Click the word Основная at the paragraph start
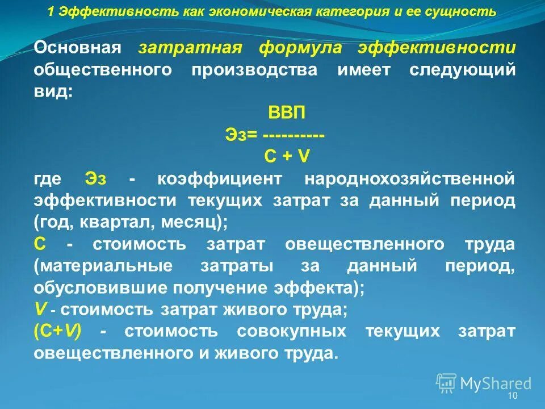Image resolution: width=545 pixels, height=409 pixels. [x=78, y=48]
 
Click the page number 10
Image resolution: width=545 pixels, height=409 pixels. [x=513, y=396]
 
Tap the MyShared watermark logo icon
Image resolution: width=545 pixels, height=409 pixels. [x=446, y=383]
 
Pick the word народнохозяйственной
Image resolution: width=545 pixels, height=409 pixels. [x=410, y=178]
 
